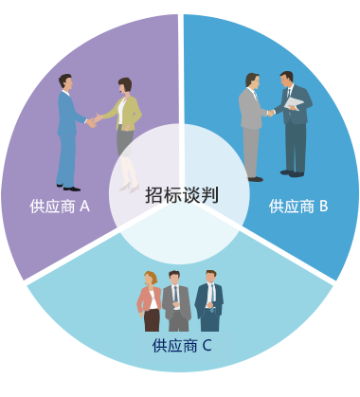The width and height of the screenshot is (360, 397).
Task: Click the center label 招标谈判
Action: [182, 195]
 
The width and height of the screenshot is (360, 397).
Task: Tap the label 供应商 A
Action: [60, 206]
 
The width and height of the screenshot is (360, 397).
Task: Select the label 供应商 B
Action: [298, 206]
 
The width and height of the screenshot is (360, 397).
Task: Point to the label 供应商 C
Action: [181, 345]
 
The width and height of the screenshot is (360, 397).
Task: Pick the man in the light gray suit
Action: [251, 123]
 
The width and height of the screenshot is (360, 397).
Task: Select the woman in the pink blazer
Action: [150, 301]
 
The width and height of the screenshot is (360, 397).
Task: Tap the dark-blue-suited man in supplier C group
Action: [209, 301]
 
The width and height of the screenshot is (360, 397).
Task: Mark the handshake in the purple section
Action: [94, 120]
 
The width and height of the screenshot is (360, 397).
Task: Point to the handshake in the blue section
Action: [270, 113]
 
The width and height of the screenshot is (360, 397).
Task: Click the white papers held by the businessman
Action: [296, 103]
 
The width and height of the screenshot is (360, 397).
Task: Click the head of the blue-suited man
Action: [64, 82]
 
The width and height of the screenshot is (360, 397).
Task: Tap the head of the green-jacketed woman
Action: [124, 86]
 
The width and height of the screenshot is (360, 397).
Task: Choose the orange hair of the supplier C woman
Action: [149, 278]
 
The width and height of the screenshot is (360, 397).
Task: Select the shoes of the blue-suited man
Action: [67, 187]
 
